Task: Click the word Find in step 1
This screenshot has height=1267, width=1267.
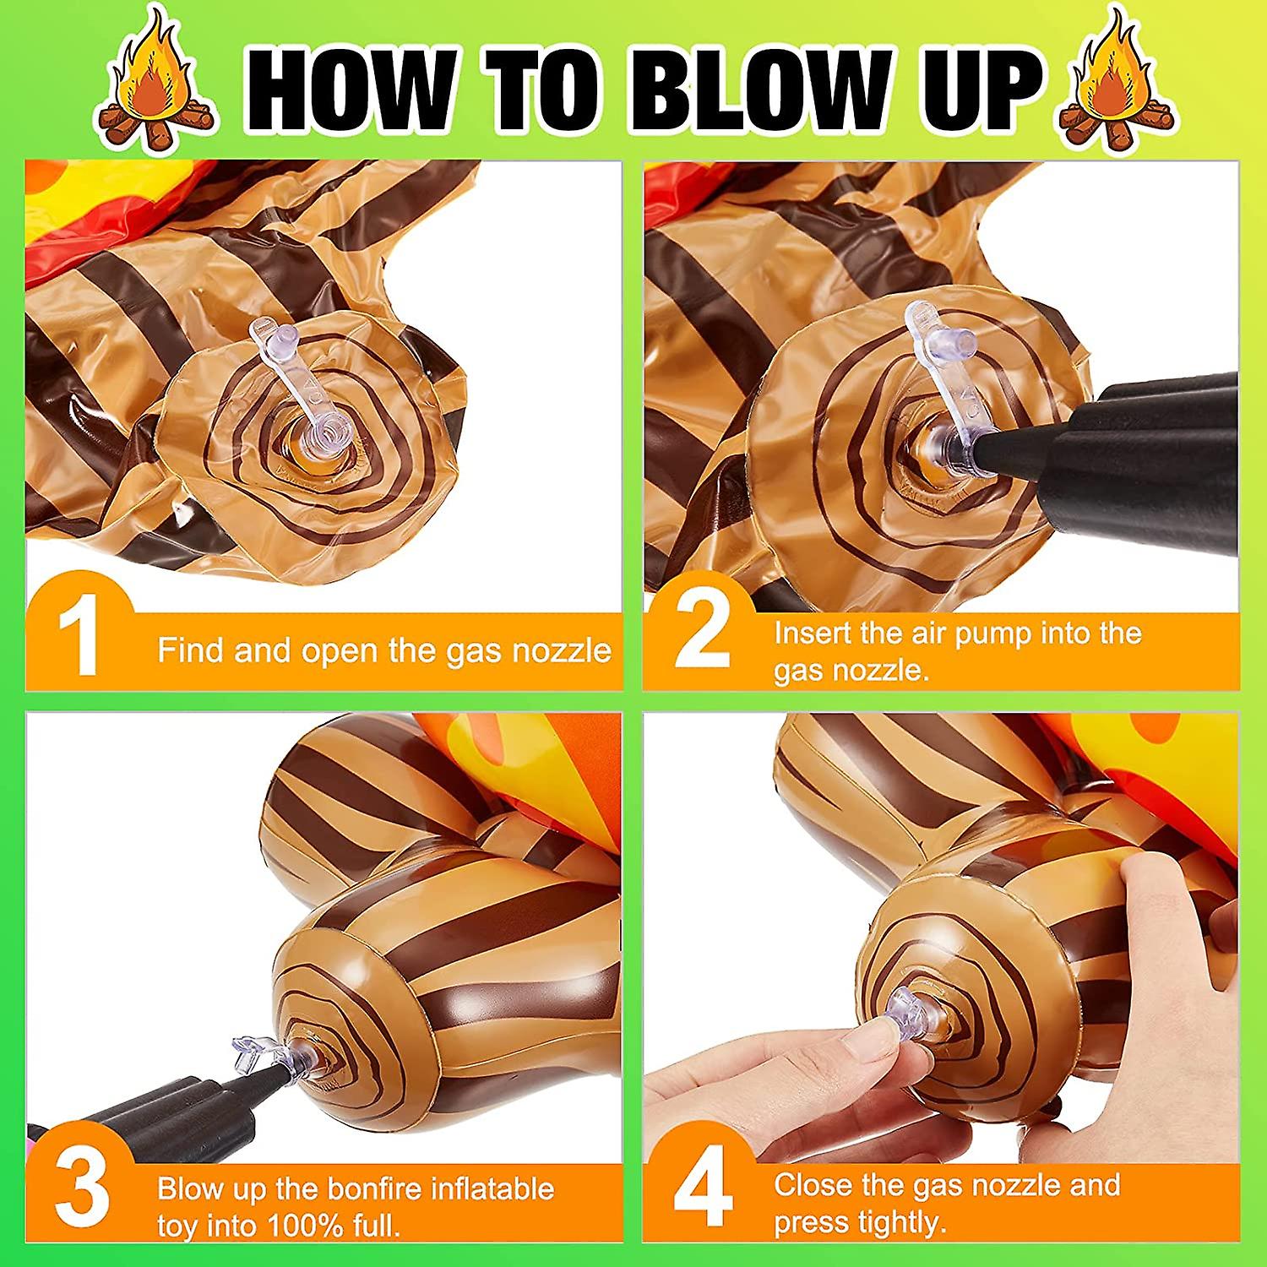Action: click(x=191, y=650)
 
